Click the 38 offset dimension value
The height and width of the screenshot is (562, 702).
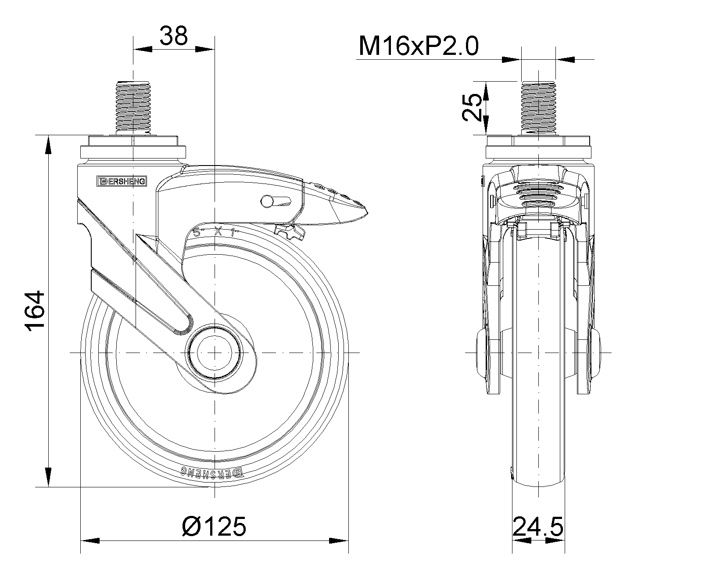[x=174, y=36]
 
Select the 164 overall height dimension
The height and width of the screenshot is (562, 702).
[x=35, y=310]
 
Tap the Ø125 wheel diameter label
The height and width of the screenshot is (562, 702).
[x=214, y=526]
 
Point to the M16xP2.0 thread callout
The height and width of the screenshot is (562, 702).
[x=418, y=46]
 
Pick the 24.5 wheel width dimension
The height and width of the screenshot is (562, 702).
[x=538, y=526]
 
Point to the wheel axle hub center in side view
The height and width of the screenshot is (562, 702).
[x=214, y=353]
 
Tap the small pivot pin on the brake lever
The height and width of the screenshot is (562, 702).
[x=266, y=201]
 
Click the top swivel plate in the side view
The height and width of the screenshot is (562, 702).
[x=132, y=148]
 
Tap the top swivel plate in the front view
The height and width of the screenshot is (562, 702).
[x=538, y=148]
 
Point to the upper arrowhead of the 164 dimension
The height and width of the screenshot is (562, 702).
[x=47, y=145]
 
